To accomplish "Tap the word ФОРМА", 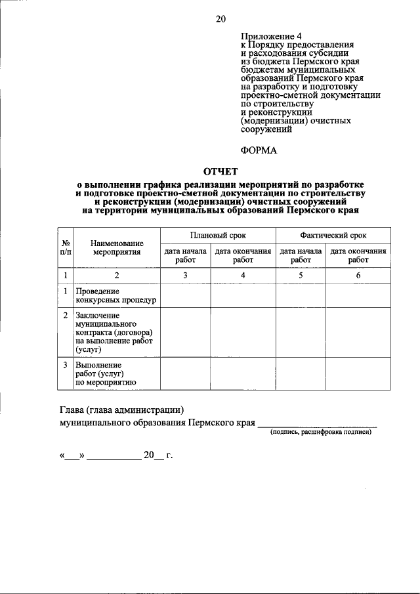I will pyautogui.click(x=259, y=150).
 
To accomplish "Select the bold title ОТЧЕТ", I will pyautogui.click(x=221, y=172).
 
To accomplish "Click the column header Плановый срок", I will pyautogui.click(x=218, y=235).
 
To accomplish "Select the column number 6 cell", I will pyautogui.click(x=358, y=276).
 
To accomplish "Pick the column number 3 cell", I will pyautogui.click(x=185, y=276).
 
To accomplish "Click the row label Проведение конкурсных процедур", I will pyautogui.click(x=115, y=296).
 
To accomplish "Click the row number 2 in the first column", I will pyautogui.click(x=66, y=316).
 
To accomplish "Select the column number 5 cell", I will pyautogui.click(x=301, y=276).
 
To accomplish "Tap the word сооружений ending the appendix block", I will pyautogui.click(x=266, y=130).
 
